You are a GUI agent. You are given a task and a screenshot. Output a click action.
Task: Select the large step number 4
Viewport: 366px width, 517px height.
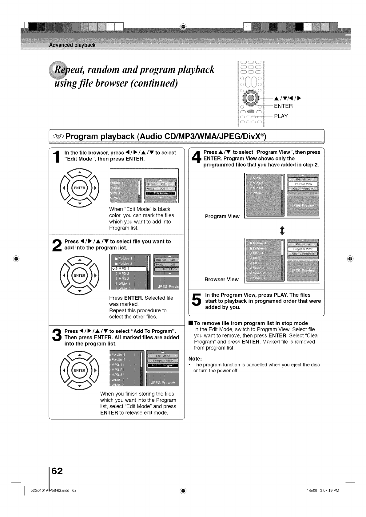[x=196, y=159]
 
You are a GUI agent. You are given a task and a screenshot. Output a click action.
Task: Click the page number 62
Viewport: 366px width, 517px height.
[x=57, y=471]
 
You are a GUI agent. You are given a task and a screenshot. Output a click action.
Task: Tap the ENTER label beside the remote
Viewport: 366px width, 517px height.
[x=283, y=106]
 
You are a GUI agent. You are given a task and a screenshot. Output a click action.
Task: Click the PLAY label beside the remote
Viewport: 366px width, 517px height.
[x=281, y=116]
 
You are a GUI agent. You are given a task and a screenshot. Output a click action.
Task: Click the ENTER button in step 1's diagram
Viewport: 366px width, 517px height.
[x=80, y=188]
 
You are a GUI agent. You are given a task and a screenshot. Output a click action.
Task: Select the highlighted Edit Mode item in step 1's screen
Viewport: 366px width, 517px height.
[x=161, y=194]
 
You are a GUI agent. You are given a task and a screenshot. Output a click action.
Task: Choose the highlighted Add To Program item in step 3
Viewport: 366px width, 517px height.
[x=163, y=365]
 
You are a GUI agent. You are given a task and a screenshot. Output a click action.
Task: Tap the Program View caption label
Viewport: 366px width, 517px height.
[x=222, y=216]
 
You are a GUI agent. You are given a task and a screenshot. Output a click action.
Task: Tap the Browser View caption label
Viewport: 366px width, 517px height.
[x=221, y=279]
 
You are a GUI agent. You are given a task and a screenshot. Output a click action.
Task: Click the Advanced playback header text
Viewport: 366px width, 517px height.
[x=72, y=45]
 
